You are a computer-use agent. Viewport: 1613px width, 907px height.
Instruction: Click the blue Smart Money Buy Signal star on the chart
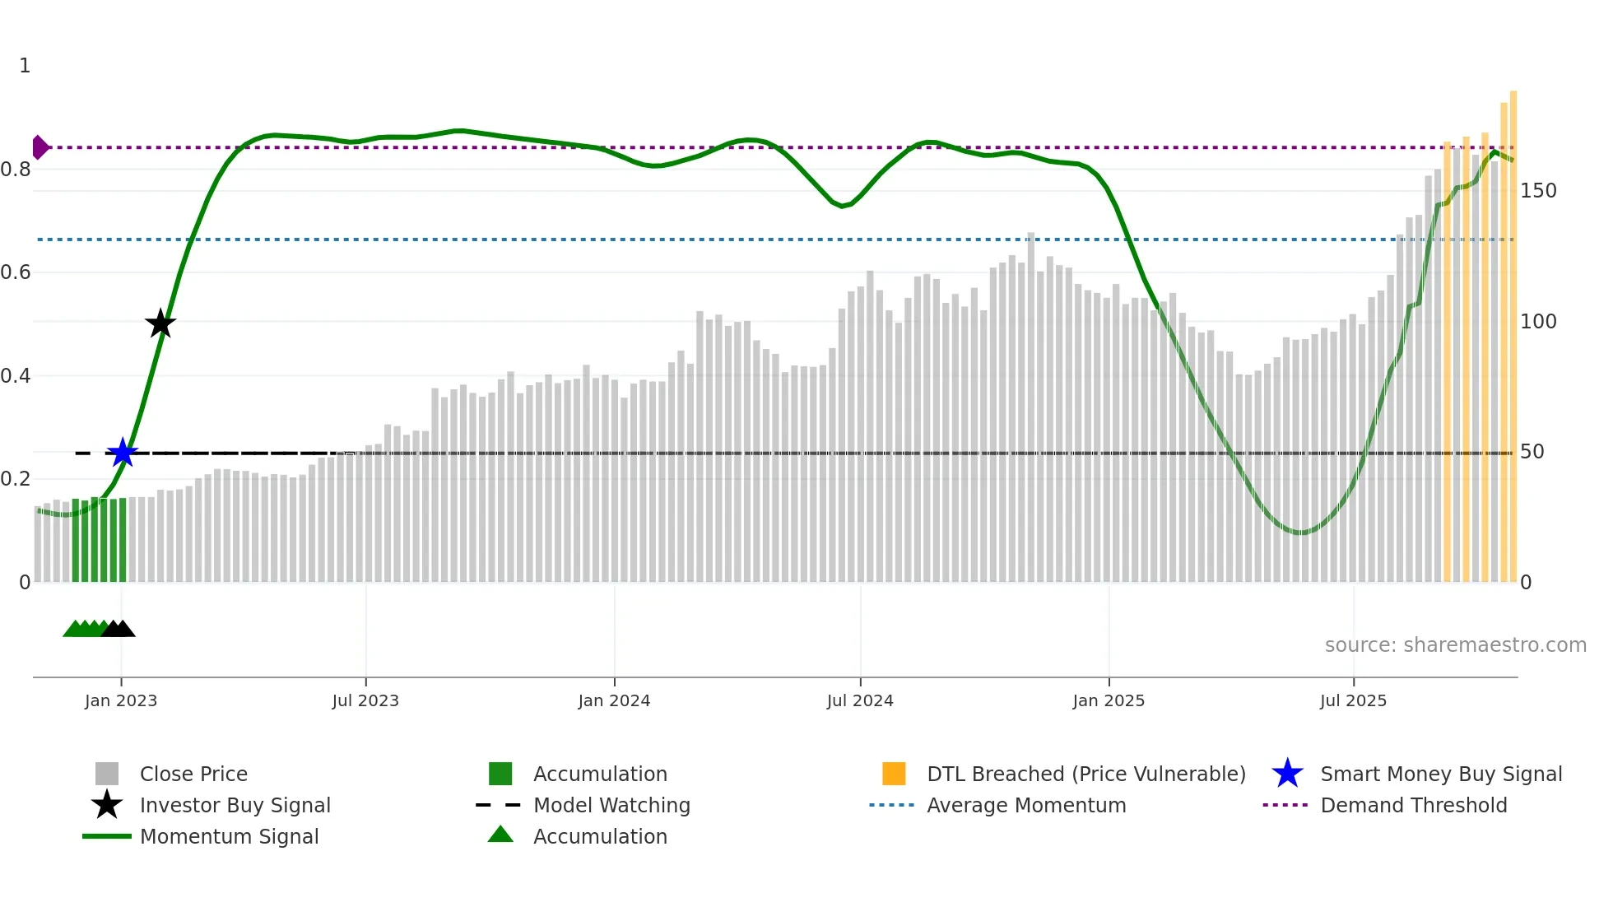(123, 453)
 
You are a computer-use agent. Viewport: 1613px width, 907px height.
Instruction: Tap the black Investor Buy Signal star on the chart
(160, 323)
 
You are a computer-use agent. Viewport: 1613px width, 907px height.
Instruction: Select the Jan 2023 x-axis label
(121, 700)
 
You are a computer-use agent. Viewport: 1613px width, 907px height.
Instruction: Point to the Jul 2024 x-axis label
(860, 700)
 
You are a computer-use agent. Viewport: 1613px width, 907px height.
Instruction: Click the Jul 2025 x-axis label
(1353, 700)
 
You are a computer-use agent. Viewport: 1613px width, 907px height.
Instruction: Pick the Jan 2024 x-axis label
(614, 700)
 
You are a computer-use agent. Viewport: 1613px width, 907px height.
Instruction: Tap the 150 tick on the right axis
(1538, 191)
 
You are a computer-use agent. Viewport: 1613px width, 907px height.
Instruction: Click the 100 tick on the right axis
(1538, 322)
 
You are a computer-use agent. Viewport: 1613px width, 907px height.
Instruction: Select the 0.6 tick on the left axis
(16, 272)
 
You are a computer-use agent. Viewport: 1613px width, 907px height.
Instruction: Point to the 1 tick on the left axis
(25, 66)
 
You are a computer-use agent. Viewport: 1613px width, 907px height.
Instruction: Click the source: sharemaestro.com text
(1455, 645)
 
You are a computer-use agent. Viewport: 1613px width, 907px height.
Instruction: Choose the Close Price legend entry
(193, 774)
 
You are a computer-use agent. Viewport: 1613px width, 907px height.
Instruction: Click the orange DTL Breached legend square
(894, 774)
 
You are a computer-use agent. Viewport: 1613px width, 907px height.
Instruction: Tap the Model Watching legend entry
(611, 805)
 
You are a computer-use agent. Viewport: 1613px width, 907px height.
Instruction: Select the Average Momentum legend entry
(1026, 805)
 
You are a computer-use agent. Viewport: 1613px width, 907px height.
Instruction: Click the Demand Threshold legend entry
(1413, 805)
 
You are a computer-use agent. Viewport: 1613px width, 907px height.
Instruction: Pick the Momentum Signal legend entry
(229, 836)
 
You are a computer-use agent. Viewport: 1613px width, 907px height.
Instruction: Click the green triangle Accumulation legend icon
(500, 835)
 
